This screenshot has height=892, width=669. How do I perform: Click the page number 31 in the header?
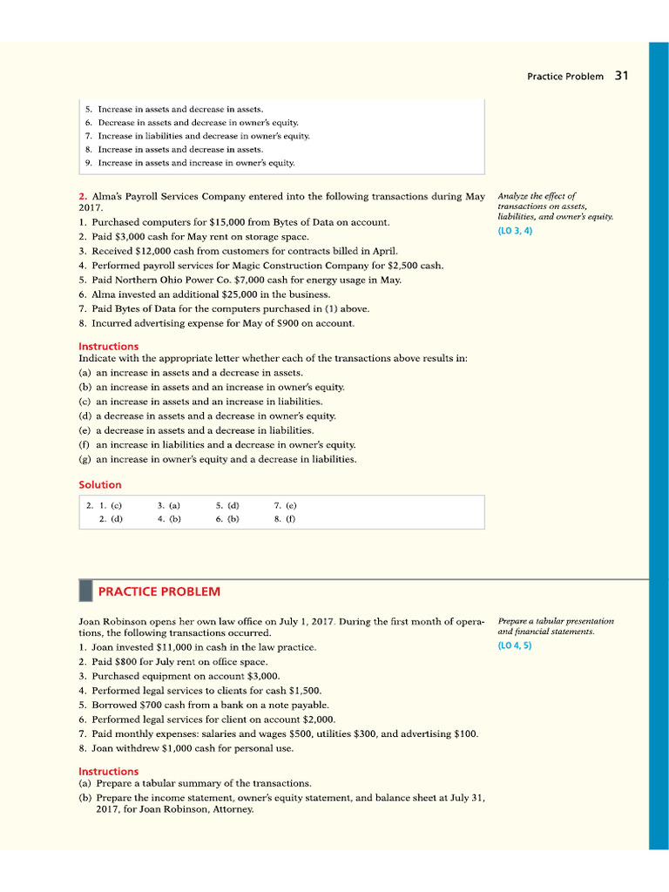click(x=621, y=76)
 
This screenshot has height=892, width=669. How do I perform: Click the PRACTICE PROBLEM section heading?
click(x=159, y=591)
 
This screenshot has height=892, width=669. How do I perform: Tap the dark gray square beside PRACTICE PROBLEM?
click(x=85, y=591)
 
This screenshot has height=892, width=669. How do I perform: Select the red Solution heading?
click(x=100, y=484)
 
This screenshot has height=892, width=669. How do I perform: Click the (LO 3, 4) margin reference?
click(x=515, y=231)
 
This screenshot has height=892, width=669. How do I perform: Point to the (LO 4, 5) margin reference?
click(x=515, y=645)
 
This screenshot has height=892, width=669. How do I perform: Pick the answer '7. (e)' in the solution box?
click(x=285, y=504)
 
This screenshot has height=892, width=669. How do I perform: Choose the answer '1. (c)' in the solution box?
click(x=110, y=504)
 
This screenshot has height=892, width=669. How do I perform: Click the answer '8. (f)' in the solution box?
click(x=285, y=518)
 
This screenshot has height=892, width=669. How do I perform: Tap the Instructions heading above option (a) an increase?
click(x=108, y=346)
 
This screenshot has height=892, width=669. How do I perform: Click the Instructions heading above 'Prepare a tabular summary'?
click(x=108, y=771)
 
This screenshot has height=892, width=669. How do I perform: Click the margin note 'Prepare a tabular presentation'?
click(x=555, y=621)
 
